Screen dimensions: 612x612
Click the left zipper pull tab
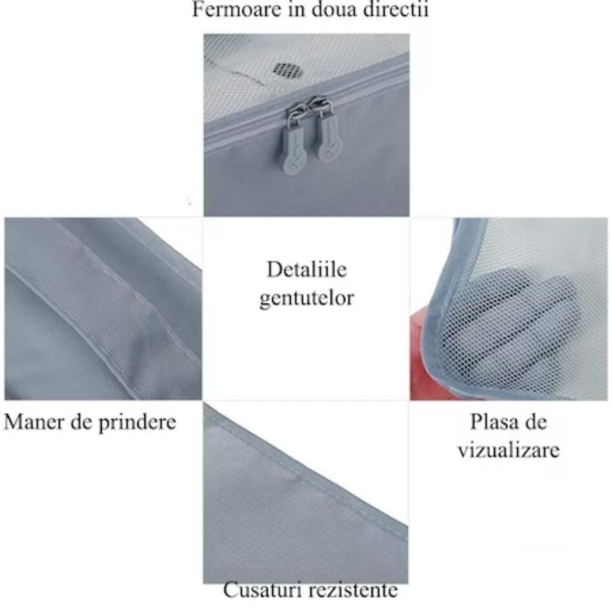(x=292, y=139)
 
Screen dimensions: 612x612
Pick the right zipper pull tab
(x=327, y=132)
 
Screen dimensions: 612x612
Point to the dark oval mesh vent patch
(x=288, y=70)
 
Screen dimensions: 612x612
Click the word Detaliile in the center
(x=307, y=269)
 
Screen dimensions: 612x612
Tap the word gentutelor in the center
(x=307, y=298)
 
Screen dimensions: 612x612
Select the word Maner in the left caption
(x=34, y=422)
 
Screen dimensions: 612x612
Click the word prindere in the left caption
(x=137, y=422)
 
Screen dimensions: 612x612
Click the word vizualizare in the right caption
(x=509, y=450)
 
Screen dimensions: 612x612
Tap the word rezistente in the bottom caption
(x=354, y=591)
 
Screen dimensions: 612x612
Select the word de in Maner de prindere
(x=82, y=422)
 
